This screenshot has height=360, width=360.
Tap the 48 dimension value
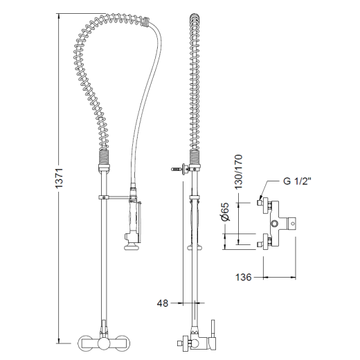click(163, 303)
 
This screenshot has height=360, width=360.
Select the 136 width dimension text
click(244, 277)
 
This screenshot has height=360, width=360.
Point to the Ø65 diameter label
click(226, 212)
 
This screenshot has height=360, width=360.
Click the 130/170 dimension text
click(238, 172)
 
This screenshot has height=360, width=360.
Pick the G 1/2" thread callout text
click(298, 181)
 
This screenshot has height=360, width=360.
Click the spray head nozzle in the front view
click(131, 247)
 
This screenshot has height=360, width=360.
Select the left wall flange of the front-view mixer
click(84, 343)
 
